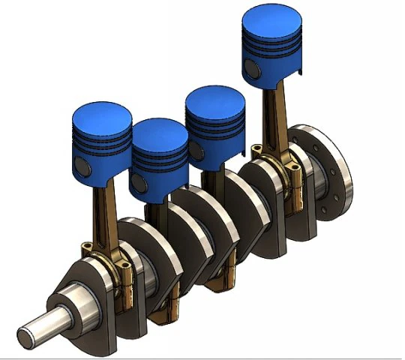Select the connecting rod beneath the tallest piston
coord(271,120)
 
